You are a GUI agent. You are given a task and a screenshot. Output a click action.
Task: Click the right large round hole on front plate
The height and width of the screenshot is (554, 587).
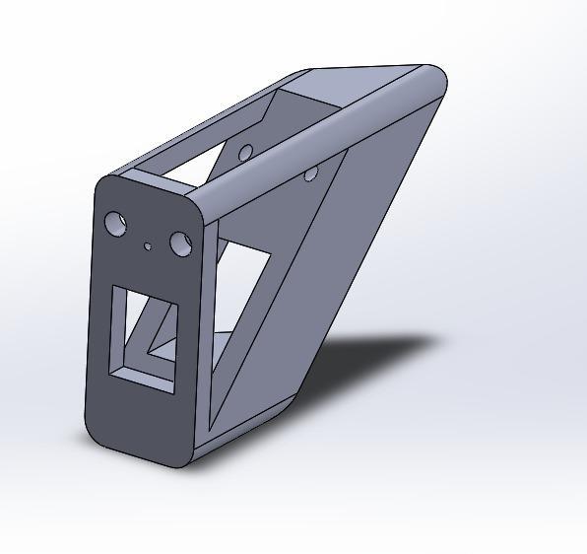(x=180, y=242)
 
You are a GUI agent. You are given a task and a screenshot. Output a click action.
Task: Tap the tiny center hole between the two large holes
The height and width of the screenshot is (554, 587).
(x=148, y=246)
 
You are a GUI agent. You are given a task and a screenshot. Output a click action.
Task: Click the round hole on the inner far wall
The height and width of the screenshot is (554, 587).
(x=245, y=152)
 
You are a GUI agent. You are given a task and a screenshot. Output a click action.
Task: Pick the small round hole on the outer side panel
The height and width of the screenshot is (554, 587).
(x=310, y=174)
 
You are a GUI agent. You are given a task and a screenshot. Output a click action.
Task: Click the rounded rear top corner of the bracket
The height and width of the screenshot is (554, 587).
(x=434, y=79)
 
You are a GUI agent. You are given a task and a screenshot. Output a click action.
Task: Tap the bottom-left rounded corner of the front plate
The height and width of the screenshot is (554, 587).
(x=95, y=434)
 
